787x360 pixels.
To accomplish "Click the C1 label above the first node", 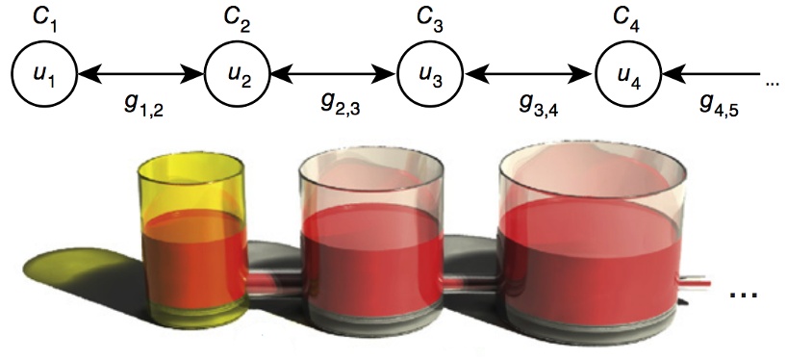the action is click(x=42, y=18).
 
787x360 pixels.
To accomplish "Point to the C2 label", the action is click(x=238, y=18).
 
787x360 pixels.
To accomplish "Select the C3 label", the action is click(x=434, y=18).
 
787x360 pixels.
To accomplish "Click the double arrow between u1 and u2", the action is click(x=139, y=73).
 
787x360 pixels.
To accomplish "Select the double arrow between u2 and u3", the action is click(x=334, y=73).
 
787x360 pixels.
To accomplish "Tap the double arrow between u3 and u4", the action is click(x=530, y=73).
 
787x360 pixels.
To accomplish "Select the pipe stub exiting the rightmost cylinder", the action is click(x=695, y=281).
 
